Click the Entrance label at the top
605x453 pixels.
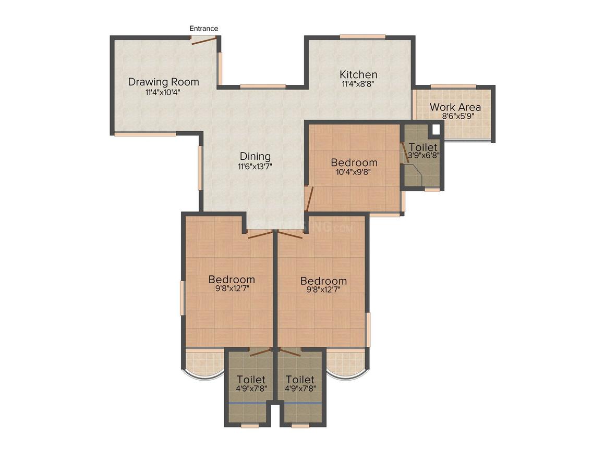click(203, 28)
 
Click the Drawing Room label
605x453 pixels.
click(163, 82)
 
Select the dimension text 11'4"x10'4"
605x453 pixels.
click(163, 92)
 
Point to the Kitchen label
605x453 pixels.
click(358, 74)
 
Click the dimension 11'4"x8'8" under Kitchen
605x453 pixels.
click(358, 83)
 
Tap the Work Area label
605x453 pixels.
click(455, 107)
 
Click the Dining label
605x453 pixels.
click(255, 156)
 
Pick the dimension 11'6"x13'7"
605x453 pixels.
click(255, 166)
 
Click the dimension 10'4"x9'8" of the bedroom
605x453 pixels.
click(354, 172)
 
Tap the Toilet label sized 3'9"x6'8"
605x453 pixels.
click(423, 147)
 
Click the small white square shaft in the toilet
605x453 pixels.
click(436, 129)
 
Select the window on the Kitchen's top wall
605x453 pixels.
click(362, 36)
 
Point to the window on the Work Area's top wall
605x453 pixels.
click(453, 86)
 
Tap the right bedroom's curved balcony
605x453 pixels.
click(347, 364)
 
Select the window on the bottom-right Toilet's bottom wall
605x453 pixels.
click(300, 425)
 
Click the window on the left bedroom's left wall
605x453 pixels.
click(182, 298)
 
